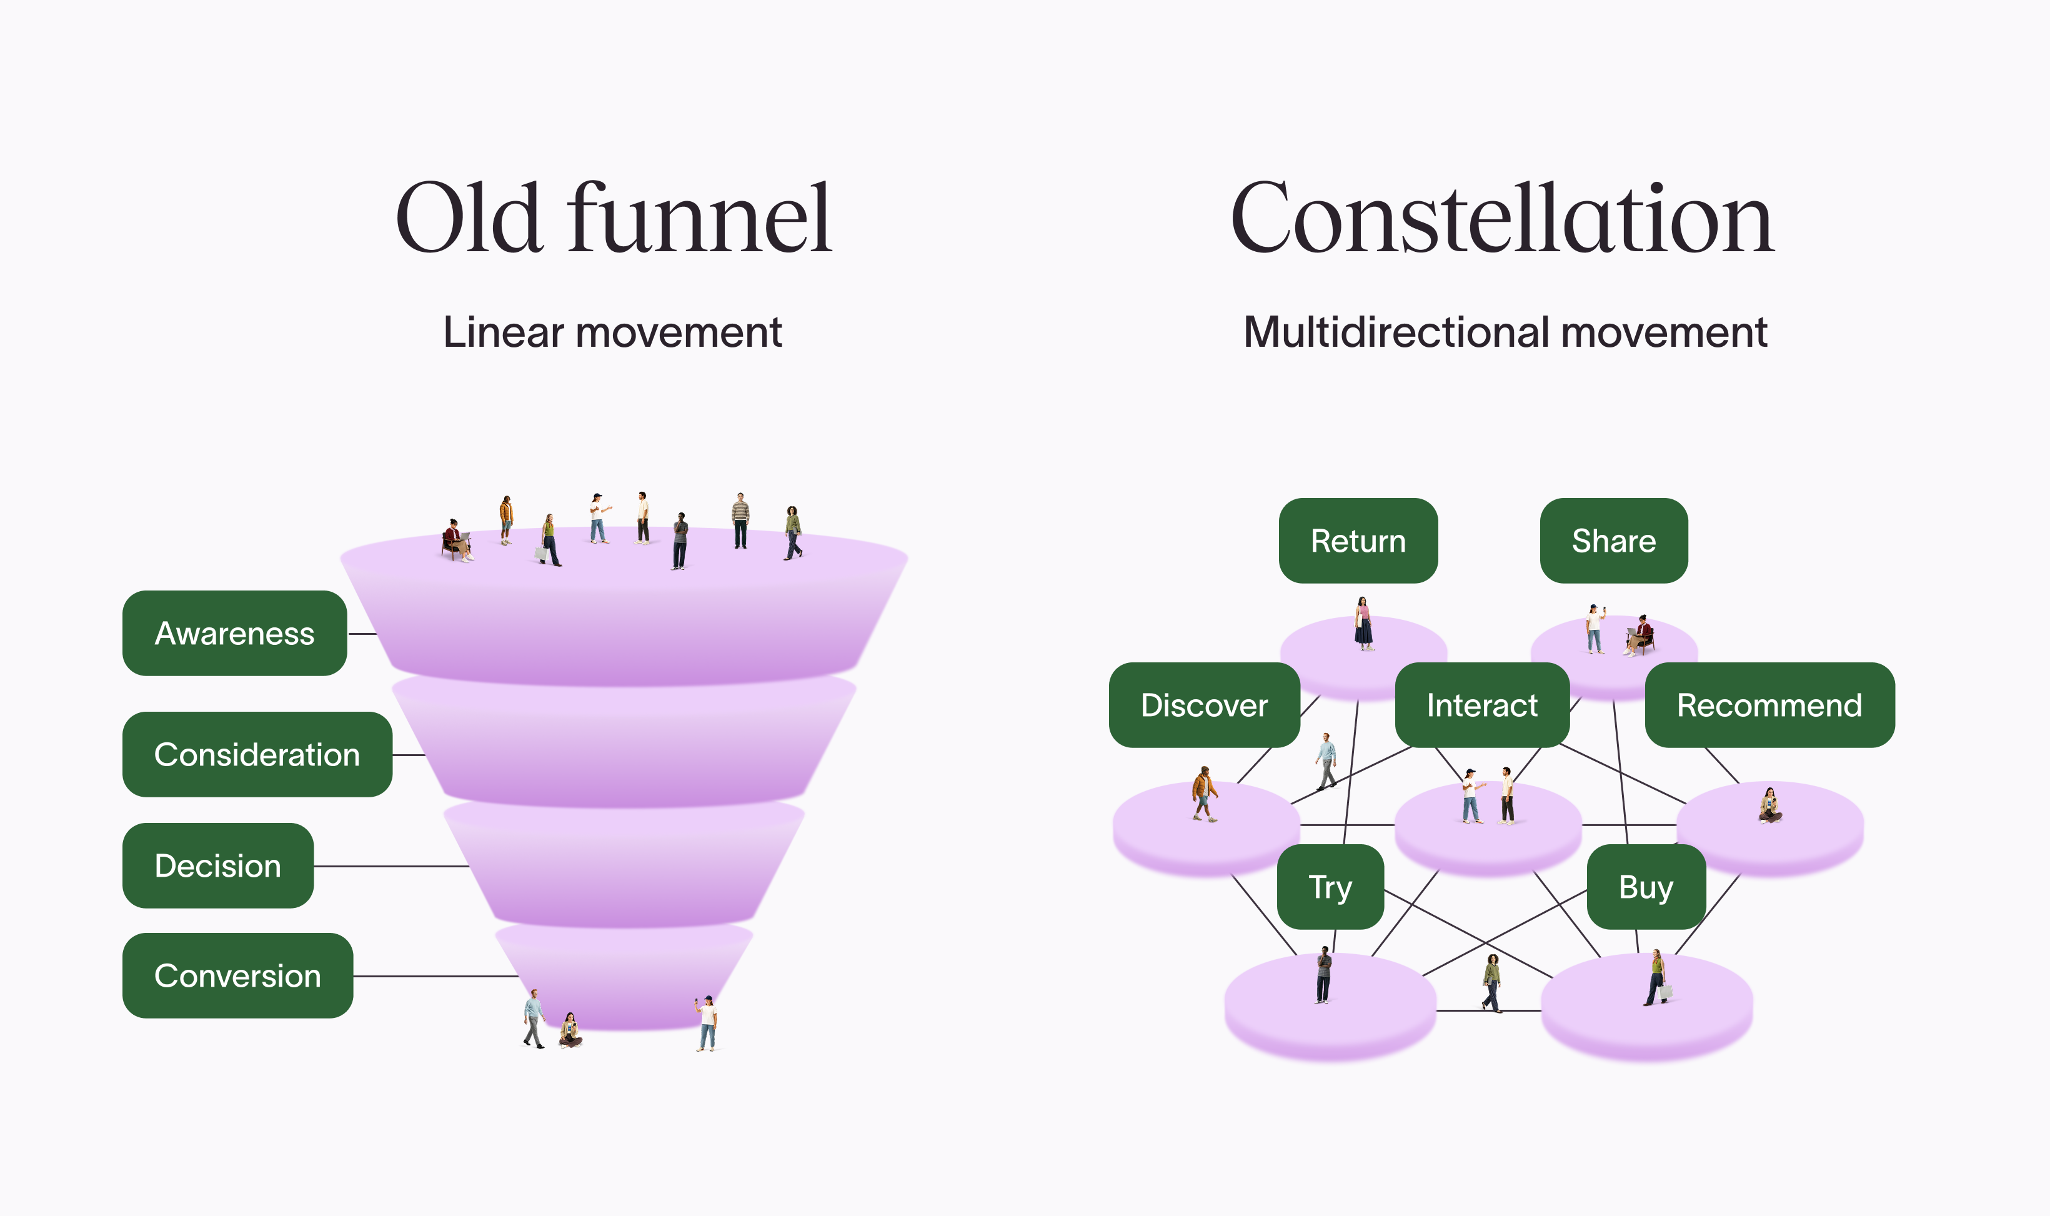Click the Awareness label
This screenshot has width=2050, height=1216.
coord(234,634)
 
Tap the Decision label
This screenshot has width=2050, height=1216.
coord(217,866)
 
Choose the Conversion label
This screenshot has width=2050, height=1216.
coord(237,976)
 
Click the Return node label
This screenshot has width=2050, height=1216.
coord(1358,541)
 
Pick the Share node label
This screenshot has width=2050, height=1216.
coord(1613,541)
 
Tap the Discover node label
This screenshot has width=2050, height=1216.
coord(1203,705)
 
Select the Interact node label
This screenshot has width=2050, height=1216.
coord(1481,705)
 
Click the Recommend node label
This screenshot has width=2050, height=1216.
coord(1769,705)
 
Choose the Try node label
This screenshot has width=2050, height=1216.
coord(1330,887)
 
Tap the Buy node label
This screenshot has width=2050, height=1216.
coord(1645,887)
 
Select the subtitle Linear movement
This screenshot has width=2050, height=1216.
coord(612,332)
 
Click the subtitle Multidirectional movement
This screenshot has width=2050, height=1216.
coord(1505,332)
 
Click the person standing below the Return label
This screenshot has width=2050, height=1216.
coord(1363,624)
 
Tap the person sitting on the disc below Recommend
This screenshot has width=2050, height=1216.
coord(1770,806)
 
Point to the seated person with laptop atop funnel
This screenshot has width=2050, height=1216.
coord(457,541)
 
